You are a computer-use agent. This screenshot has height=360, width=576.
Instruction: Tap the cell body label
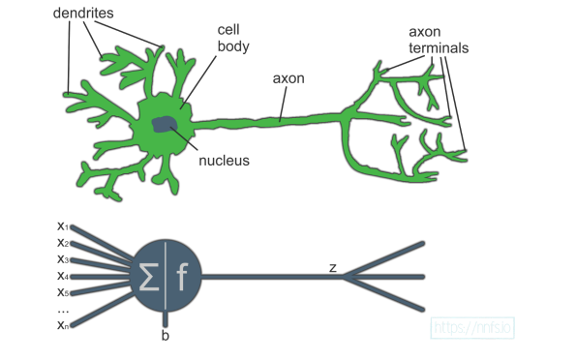[x=233, y=38]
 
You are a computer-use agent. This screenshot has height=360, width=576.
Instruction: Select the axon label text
[x=289, y=78]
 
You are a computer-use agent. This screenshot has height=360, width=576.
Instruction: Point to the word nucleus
[x=224, y=161]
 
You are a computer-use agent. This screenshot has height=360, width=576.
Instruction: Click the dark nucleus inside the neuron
[x=163, y=125]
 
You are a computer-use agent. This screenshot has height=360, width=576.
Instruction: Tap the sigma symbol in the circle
[x=150, y=278]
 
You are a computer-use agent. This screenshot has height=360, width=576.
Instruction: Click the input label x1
[x=62, y=226]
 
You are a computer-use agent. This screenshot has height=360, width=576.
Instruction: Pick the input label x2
[x=62, y=242]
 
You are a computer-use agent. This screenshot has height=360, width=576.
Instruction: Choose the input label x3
[x=62, y=258]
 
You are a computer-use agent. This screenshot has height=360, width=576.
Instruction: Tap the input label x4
[x=62, y=275]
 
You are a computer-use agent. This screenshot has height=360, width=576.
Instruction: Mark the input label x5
[x=62, y=291]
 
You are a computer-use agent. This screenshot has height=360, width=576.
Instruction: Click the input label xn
[x=62, y=326]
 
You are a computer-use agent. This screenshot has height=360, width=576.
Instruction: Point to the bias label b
[x=166, y=337]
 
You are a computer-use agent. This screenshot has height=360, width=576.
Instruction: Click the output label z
[x=332, y=266]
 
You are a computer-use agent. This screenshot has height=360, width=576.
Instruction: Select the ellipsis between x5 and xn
[x=62, y=309]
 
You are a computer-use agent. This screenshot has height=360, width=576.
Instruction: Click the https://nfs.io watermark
[x=473, y=328]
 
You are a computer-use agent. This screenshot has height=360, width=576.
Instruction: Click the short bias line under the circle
[x=167, y=318]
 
